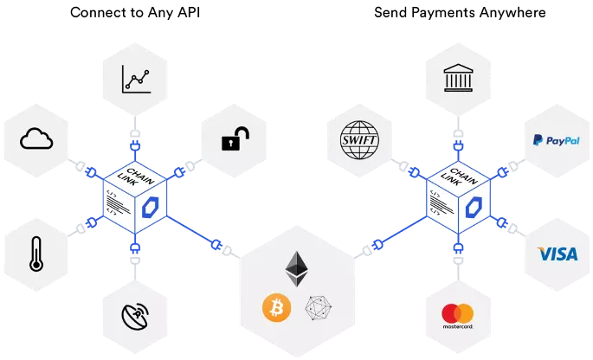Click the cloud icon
coord(36,138)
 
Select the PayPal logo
coord(557,139)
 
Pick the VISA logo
coord(557,254)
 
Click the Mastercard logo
coord(457,315)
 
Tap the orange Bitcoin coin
coord(275,306)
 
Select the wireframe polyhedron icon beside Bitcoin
coord(319,307)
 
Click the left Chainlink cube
coord(134,197)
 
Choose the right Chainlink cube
coord(458,197)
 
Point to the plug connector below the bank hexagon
coord(458,134)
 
